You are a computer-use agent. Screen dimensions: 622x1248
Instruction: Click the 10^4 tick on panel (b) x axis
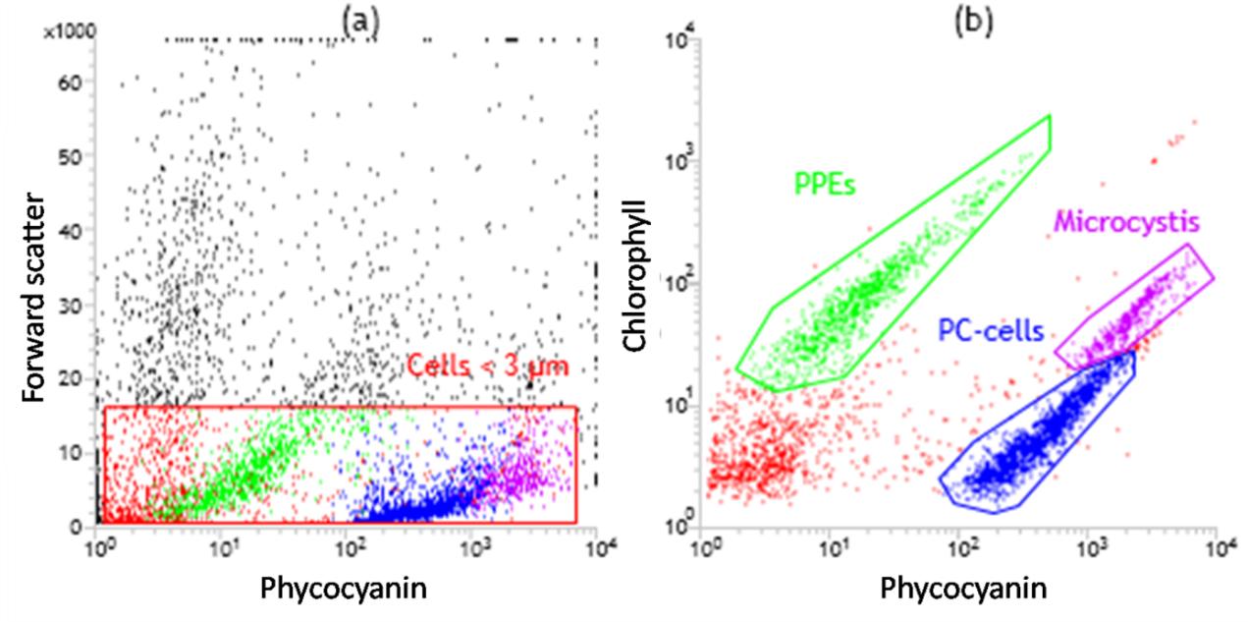(x=1218, y=542)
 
